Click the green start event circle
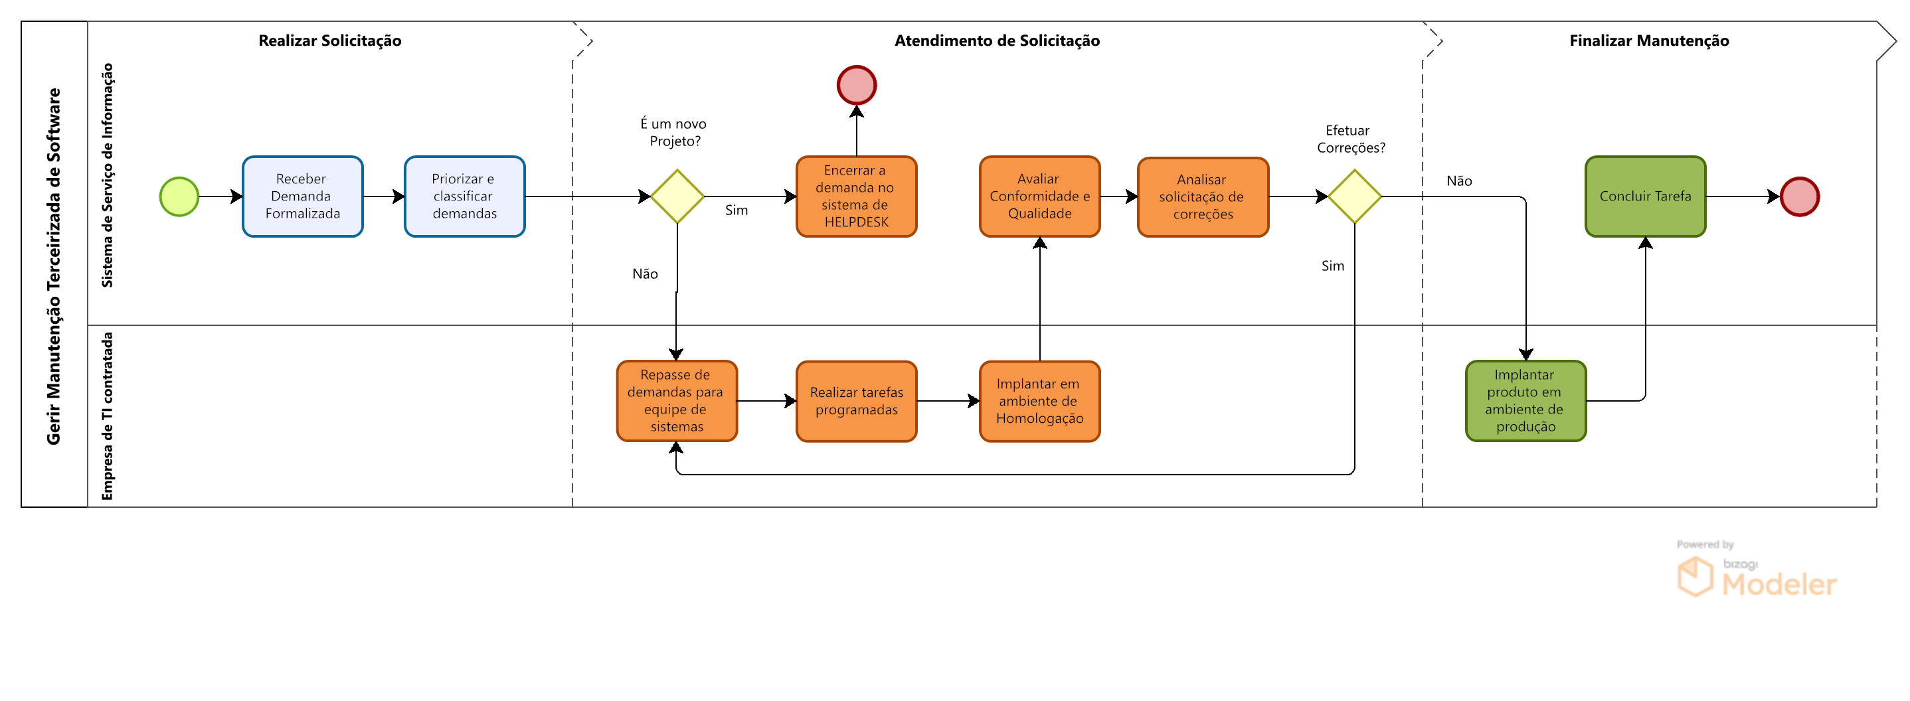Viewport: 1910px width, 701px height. pos(179,196)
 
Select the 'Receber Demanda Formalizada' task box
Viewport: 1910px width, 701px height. pos(303,196)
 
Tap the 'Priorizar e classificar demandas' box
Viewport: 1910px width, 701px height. pos(464,196)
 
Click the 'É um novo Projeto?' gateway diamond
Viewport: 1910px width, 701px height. pos(677,196)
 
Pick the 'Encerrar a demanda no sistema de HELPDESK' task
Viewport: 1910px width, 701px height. pos(857,196)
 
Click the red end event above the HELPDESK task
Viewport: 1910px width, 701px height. pos(857,85)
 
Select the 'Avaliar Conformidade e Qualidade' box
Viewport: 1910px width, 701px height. pos(1039,196)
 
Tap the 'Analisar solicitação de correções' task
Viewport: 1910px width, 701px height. pos(1203,197)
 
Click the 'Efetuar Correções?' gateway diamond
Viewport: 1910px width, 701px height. pos(1355,196)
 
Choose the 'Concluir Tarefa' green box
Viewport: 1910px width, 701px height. pos(1645,196)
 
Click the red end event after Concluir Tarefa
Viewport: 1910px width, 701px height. pos(1800,196)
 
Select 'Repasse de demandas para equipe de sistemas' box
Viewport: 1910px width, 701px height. pos(676,401)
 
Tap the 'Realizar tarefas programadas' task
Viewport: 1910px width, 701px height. pos(857,401)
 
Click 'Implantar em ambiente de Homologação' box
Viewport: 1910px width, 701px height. pos(1039,401)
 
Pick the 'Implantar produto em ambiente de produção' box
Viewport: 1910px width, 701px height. pos(1525,401)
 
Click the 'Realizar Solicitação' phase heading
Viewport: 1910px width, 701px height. pos(330,40)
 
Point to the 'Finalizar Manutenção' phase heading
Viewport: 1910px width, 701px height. pos(1649,40)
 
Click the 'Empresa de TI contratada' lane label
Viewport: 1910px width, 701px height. pos(108,416)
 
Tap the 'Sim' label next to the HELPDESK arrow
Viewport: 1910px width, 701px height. pos(737,210)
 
